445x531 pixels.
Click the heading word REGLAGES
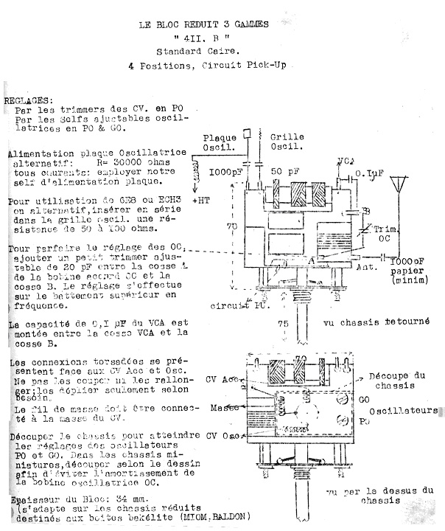[28, 99]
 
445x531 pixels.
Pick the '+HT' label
[201, 201]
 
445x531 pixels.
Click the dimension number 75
[282, 324]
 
